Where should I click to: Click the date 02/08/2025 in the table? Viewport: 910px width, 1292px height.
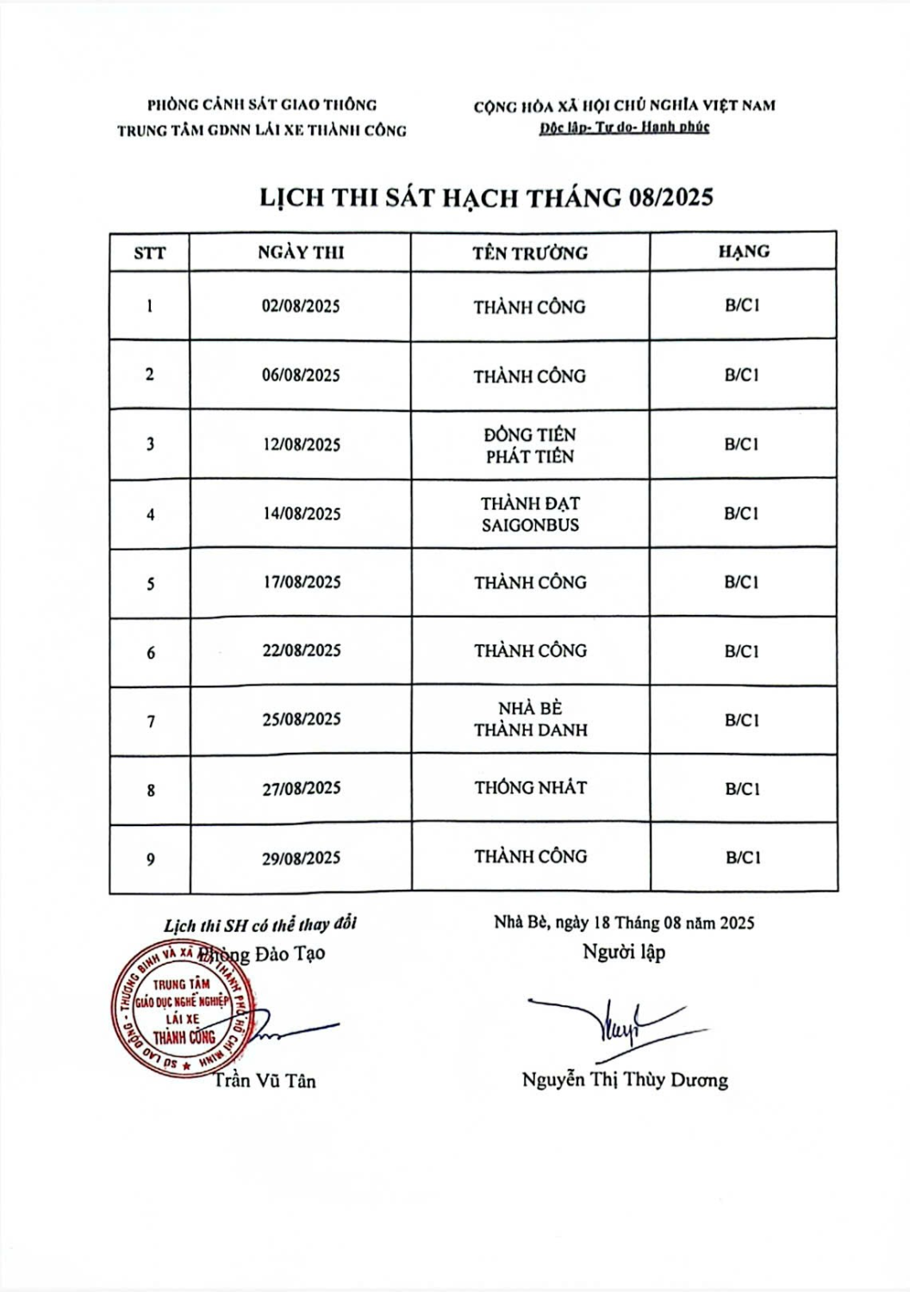[x=301, y=306]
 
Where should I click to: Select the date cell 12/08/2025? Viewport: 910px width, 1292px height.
[x=301, y=444]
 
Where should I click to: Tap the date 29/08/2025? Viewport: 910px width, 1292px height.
[x=301, y=858]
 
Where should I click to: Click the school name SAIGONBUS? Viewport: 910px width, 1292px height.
[x=530, y=525]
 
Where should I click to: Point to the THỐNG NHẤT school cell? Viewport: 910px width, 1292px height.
[x=530, y=787]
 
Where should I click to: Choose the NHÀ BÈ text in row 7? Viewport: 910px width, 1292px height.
[x=530, y=708]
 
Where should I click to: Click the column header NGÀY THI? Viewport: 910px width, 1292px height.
[x=301, y=252]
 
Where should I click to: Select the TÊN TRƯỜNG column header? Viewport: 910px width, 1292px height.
[x=530, y=253]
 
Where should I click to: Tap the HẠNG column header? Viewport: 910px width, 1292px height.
[x=744, y=252]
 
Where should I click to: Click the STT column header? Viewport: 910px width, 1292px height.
[x=149, y=253]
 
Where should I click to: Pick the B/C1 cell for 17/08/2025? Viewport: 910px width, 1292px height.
[x=742, y=582]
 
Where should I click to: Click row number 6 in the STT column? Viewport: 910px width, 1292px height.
[x=151, y=653]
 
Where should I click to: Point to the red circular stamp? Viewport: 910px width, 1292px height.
[x=184, y=1009]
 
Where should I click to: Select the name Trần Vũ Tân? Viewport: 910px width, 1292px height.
[x=265, y=1080]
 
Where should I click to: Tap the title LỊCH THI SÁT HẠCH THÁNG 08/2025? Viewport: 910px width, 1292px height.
[x=487, y=197]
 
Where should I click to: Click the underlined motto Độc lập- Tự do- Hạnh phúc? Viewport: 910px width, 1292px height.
[x=624, y=127]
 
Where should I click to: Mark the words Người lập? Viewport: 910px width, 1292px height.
[x=624, y=952]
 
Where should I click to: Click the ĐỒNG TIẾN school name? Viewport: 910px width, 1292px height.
[x=530, y=434]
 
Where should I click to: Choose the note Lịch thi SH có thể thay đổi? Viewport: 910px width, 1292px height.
[x=259, y=925]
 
